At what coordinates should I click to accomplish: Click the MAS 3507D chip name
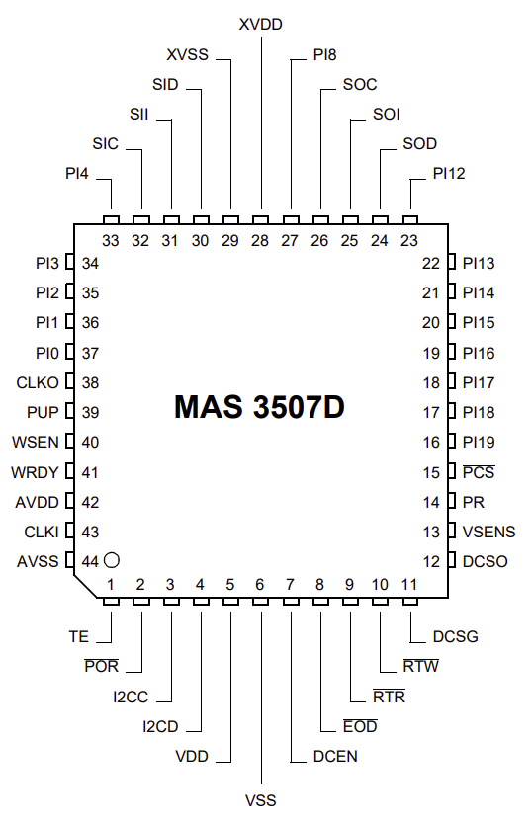point(259,407)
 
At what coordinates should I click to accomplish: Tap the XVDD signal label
point(260,24)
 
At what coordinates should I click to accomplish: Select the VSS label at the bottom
point(260,800)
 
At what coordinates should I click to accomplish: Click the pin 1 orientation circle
point(112,560)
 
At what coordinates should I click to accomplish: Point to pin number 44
point(90,561)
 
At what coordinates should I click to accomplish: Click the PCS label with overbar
point(479,472)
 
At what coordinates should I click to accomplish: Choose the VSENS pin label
point(488,532)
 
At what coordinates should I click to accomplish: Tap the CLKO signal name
point(38,382)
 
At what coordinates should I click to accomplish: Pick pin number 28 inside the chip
point(259,240)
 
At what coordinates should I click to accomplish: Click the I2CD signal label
point(161,727)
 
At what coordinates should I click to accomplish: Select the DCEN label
point(335,757)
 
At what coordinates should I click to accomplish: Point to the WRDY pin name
point(35,472)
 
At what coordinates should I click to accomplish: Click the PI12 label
point(449,173)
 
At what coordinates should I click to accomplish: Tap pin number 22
point(430,263)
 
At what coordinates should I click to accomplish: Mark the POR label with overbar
point(102,666)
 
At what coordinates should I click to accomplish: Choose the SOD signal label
point(419,144)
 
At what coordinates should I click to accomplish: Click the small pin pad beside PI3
point(70,263)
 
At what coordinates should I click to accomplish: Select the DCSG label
point(455,636)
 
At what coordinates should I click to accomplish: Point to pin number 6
point(259,584)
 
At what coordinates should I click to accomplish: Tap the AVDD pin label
point(37,502)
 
